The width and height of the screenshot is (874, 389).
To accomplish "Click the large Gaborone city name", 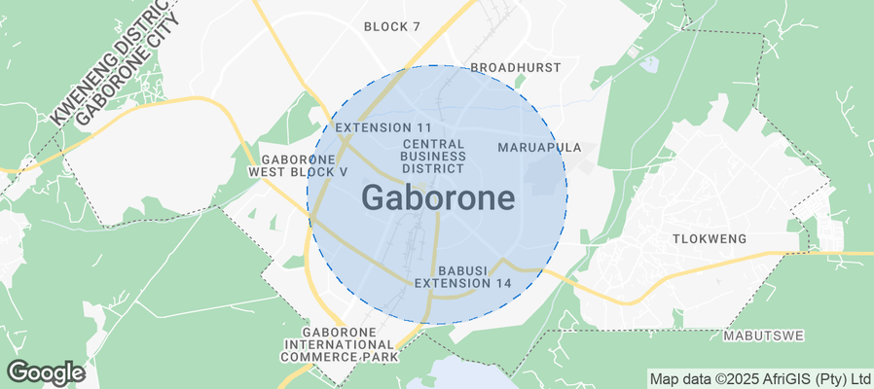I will coord(438,198).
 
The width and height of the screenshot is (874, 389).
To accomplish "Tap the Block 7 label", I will coord(392,26).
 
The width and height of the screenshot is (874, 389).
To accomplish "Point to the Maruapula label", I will coord(539,148).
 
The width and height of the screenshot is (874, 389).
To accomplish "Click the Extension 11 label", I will coord(382,128).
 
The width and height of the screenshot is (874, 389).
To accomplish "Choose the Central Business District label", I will coord(433,156).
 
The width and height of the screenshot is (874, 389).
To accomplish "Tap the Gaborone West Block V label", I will coord(298,165).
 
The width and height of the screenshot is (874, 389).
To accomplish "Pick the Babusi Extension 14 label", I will coord(462,276).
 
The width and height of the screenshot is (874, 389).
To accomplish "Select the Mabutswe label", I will coord(763,336).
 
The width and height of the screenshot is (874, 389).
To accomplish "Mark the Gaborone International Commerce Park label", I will coord(339,344).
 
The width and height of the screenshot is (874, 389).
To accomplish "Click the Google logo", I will coord(45,371).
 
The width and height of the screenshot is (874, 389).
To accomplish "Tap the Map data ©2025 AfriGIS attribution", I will coord(760,378).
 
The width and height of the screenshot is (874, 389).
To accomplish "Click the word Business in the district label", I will coord(433,156).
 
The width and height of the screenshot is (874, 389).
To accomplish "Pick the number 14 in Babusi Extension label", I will coord(502,283).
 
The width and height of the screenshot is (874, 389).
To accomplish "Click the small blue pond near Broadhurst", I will coord(648,65).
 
